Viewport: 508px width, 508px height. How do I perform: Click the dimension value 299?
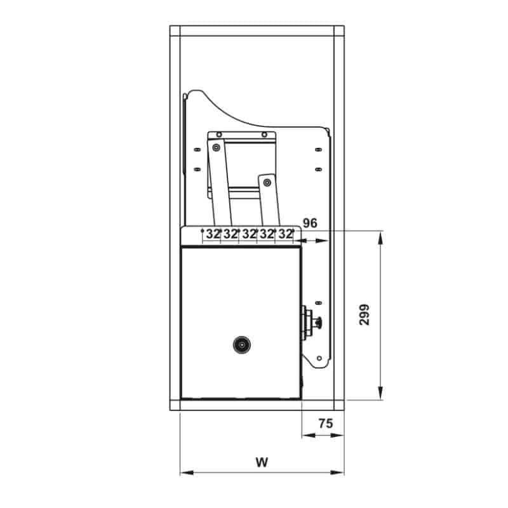pyautogui.click(x=364, y=314)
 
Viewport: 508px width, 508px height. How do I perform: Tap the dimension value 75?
pyautogui.click(x=325, y=424)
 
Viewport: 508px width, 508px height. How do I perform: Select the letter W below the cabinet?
pyautogui.click(x=262, y=462)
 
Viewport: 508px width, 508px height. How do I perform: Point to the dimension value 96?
pyautogui.click(x=310, y=223)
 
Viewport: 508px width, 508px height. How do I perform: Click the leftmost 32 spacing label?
pyautogui.click(x=213, y=234)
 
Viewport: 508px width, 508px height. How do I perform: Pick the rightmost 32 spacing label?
pyautogui.click(x=285, y=234)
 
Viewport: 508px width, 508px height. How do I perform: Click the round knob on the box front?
pyautogui.click(x=242, y=345)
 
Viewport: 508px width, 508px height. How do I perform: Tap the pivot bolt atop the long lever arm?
pyautogui.click(x=216, y=148)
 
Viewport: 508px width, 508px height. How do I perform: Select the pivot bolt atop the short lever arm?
pyautogui.click(x=267, y=183)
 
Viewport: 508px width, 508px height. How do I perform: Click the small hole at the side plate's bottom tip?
pyautogui.click(x=319, y=358)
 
